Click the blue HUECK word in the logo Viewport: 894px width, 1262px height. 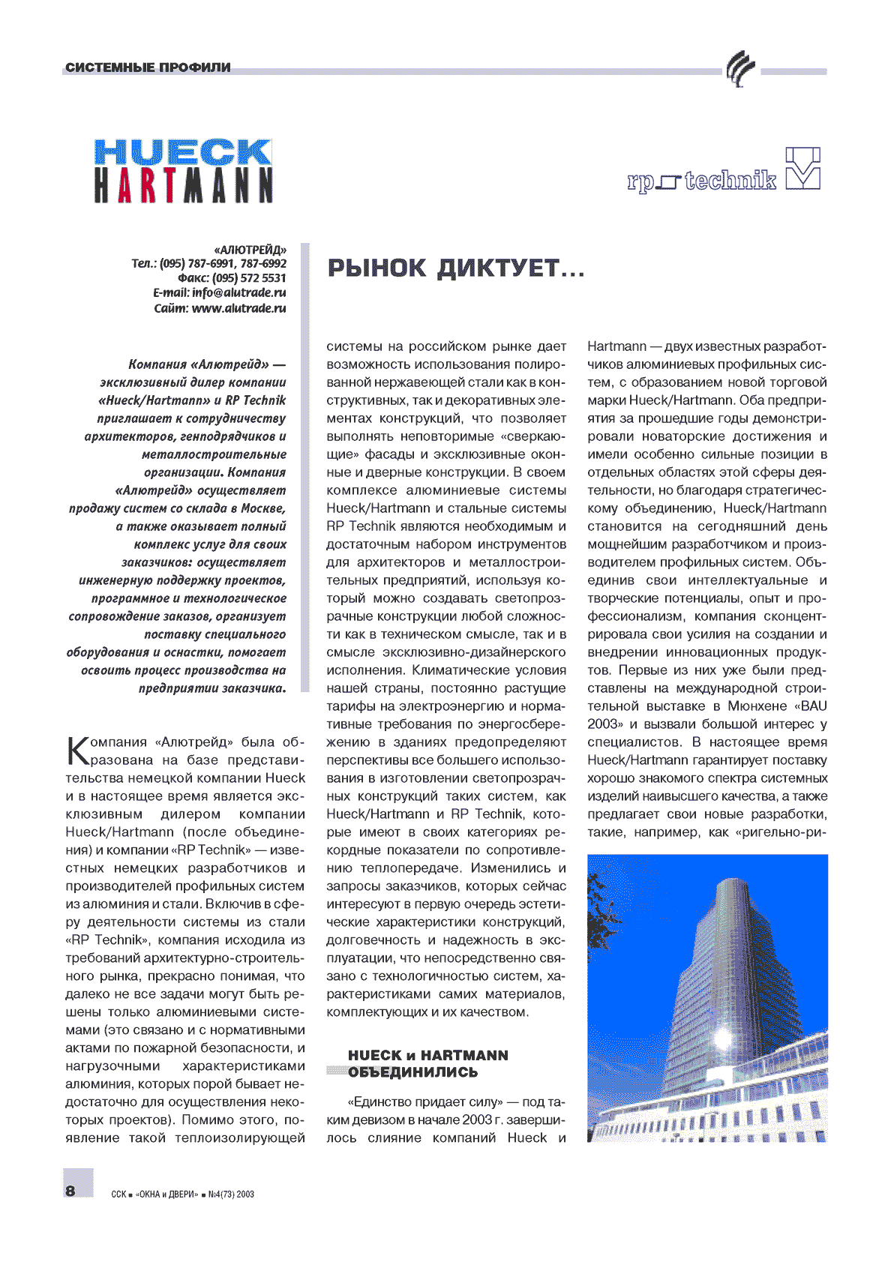point(182,152)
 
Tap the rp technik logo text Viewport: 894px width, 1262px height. point(702,181)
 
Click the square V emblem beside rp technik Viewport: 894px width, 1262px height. point(802,168)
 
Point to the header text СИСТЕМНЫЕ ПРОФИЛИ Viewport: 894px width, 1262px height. point(148,67)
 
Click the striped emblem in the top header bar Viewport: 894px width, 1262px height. point(739,70)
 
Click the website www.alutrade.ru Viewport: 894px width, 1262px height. point(238,308)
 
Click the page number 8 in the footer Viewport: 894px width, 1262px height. point(70,1191)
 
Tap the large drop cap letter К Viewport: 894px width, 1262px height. point(77,750)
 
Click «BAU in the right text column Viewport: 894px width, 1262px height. point(808,706)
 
